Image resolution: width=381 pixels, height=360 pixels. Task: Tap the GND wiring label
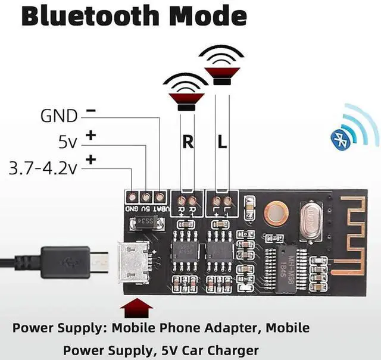[x=59, y=115]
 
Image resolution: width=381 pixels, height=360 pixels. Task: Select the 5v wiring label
[x=67, y=142]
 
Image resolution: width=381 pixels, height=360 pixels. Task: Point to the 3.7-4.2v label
[x=43, y=168]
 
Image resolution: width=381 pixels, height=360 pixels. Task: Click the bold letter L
[x=221, y=143]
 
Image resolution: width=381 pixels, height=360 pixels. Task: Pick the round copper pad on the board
[x=276, y=212]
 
